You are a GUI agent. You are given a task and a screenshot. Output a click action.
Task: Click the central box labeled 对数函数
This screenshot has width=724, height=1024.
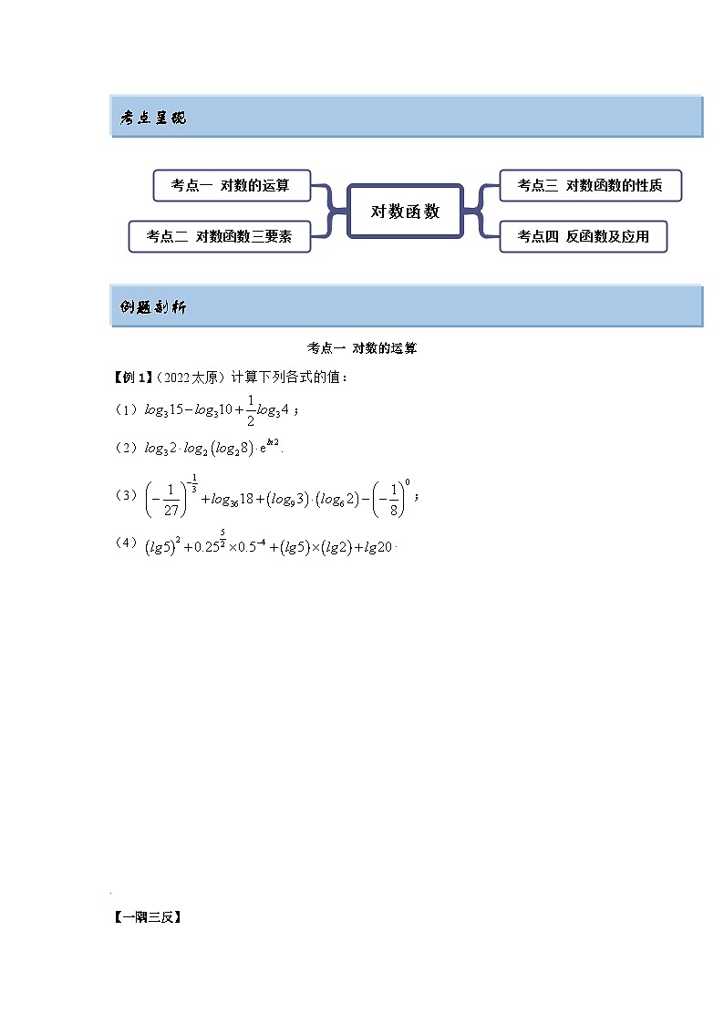pyautogui.click(x=406, y=212)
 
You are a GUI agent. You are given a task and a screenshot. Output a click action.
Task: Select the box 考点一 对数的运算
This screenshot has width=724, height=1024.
pyautogui.click(x=232, y=185)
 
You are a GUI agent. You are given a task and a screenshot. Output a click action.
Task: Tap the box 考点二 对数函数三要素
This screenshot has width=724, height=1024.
pyautogui.click(x=220, y=236)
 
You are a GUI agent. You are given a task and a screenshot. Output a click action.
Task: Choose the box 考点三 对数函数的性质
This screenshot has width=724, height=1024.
pyautogui.click(x=590, y=185)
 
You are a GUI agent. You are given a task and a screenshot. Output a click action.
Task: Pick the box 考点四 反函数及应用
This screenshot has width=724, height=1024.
pyautogui.click(x=584, y=236)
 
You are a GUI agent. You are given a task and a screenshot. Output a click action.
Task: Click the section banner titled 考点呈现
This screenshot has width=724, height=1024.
pyautogui.click(x=406, y=117)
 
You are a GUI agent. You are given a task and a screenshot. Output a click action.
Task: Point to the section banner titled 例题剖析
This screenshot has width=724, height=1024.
pyautogui.click(x=406, y=306)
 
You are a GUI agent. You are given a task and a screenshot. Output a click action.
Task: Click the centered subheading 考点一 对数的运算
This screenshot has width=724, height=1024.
pyautogui.click(x=362, y=348)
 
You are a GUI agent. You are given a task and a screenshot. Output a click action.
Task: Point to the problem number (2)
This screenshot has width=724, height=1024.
pyautogui.click(x=126, y=448)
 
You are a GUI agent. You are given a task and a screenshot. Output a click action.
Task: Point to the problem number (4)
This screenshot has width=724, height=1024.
pyautogui.click(x=126, y=543)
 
